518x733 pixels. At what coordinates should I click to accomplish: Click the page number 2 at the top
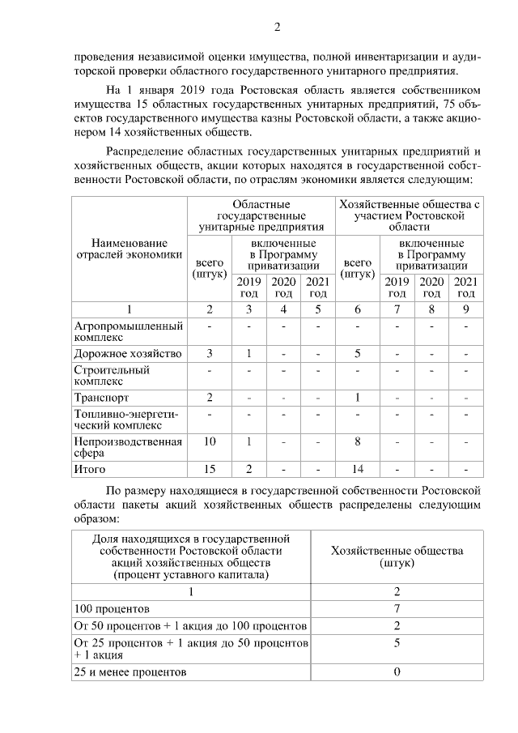click(277, 28)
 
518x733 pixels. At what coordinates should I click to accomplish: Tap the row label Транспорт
click(101, 398)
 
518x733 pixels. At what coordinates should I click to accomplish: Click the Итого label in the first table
click(90, 469)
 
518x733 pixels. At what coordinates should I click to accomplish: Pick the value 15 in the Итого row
click(210, 469)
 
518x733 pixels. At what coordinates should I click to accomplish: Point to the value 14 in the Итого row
click(358, 469)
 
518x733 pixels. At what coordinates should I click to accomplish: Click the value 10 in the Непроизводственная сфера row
click(210, 441)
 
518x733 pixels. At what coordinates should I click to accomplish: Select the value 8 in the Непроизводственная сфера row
click(358, 441)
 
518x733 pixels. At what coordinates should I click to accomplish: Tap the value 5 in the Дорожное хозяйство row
click(358, 354)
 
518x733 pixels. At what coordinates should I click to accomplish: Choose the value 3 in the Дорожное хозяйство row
click(210, 354)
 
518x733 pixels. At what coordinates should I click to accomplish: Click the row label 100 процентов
click(108, 607)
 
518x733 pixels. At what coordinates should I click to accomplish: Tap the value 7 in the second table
click(397, 607)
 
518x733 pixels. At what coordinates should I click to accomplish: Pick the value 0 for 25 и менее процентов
click(397, 672)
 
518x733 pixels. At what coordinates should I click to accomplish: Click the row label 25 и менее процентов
click(130, 672)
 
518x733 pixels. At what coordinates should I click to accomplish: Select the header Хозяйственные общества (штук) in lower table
click(397, 556)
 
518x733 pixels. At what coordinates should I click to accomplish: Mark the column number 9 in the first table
click(465, 309)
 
